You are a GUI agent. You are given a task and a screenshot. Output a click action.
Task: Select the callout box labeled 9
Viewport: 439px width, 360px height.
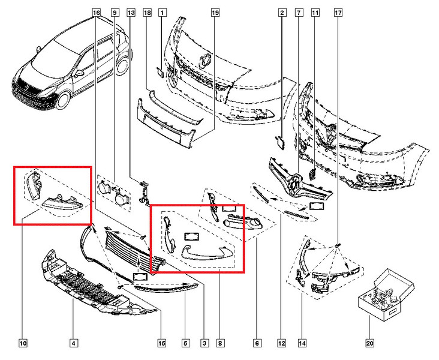[115, 12]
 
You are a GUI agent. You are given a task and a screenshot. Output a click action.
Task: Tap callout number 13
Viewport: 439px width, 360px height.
[131, 12]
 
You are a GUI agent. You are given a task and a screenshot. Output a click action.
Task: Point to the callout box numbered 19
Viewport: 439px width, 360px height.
[215, 12]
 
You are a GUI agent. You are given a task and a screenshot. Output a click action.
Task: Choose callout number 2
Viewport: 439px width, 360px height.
[281, 12]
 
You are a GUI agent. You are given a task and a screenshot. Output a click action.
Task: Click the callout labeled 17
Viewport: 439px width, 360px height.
[338, 12]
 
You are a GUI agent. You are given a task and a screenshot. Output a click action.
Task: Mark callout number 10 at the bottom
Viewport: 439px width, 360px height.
[23, 343]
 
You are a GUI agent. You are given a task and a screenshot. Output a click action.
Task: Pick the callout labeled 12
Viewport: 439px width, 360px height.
[281, 343]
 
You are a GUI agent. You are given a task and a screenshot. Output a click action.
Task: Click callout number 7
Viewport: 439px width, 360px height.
[298, 12]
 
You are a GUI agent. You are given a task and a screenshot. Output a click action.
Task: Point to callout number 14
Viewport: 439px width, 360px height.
[302, 343]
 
